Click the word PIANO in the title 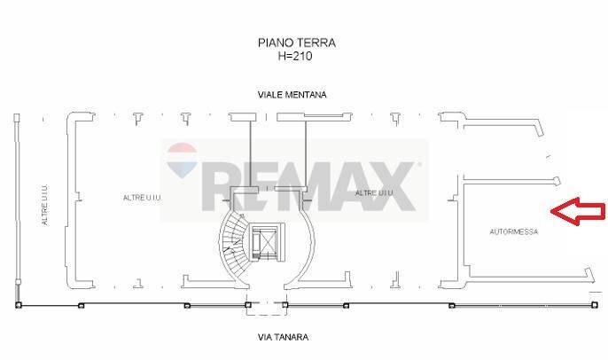click(272, 43)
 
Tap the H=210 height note click(295, 55)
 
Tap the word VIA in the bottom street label click(267, 337)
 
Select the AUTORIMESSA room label click(513, 232)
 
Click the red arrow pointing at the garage click(578, 211)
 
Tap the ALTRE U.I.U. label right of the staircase click(373, 193)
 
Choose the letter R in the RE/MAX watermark click(216, 186)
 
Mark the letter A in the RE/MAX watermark click(346, 186)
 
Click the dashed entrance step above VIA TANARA click(266, 310)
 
